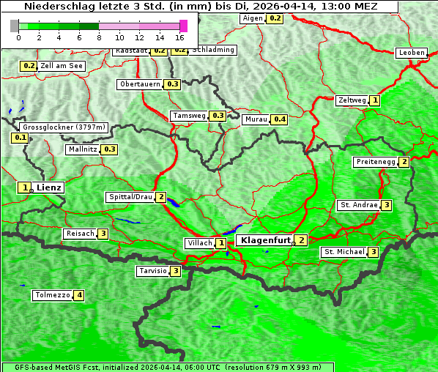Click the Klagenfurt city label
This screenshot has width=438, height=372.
[266, 239]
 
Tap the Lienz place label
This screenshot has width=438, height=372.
[49, 187]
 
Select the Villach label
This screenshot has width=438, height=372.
[199, 242]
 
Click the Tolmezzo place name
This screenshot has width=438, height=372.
[52, 295]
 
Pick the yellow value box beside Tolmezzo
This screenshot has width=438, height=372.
[78, 295]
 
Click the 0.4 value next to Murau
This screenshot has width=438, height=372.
[278, 119]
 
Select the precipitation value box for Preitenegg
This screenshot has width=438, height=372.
[404, 162]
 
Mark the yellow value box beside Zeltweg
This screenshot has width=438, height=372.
[375, 100]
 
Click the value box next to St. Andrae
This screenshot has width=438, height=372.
[386, 205]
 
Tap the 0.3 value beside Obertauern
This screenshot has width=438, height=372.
[172, 84]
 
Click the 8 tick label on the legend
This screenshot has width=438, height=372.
[99, 37]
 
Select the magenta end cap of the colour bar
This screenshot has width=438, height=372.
[183, 26]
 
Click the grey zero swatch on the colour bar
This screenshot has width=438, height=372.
[15, 26]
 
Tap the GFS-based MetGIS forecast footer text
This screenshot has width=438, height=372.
[167, 367]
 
